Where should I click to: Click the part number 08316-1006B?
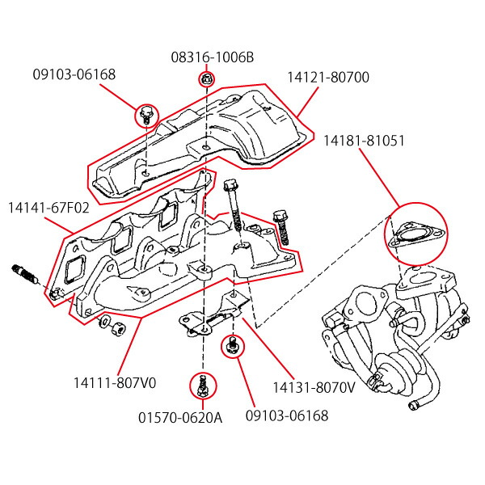tap(212, 58)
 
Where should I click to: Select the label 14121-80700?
tap(327, 78)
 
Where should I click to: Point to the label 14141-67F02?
tap(48, 208)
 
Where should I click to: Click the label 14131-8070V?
tap(314, 386)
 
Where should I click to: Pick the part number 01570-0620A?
tap(191, 417)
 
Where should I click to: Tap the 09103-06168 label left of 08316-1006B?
tap(74, 74)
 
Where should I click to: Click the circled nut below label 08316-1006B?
tap(206, 79)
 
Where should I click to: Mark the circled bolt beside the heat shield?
tap(146, 115)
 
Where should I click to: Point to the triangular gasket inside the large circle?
tap(415, 238)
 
